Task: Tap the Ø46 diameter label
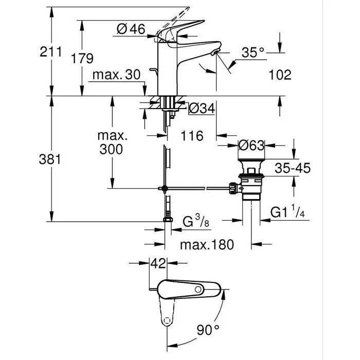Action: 131,29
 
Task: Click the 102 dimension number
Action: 280,75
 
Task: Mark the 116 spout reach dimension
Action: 192,136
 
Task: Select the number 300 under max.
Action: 112,150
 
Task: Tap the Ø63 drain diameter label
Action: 251,146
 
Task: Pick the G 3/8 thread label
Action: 195,222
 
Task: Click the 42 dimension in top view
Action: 158,264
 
